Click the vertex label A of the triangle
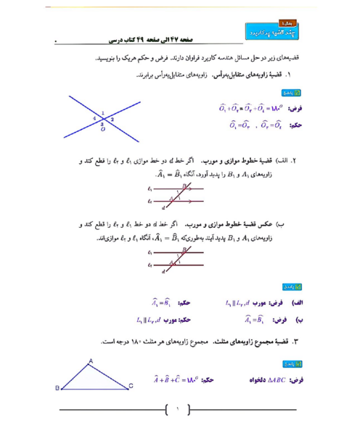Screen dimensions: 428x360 click(90, 361)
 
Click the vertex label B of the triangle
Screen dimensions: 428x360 click(57, 389)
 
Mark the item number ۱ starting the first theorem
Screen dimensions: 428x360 click(289, 75)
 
